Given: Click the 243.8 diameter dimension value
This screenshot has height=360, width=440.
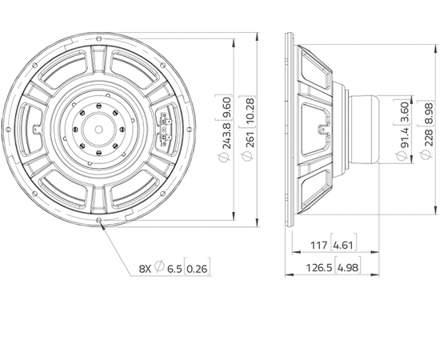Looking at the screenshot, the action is [226, 135].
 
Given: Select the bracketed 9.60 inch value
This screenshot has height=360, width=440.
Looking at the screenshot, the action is [226, 108].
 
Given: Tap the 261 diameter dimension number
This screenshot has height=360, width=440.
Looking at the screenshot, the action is [250, 139].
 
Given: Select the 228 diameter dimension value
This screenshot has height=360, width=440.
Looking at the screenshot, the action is [429, 138].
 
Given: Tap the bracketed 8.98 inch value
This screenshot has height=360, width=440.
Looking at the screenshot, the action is [429, 112].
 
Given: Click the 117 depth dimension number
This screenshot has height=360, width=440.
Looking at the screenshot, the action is [318, 246].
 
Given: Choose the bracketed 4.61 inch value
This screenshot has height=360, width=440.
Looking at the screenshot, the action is [344, 246].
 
